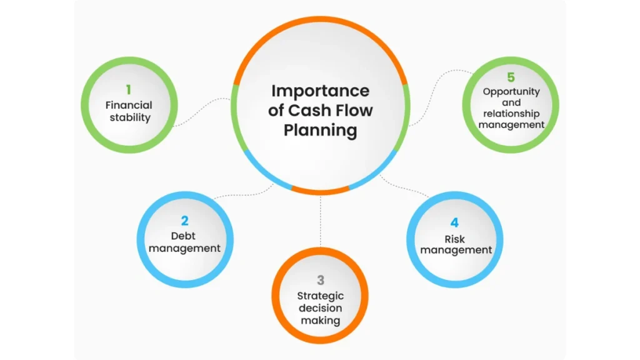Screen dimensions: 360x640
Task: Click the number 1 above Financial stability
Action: pyautogui.click(x=129, y=90)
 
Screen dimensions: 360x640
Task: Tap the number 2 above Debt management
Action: pyautogui.click(x=184, y=221)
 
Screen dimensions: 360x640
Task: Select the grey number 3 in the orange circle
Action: pyautogui.click(x=320, y=281)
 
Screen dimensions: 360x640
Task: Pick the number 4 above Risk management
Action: pyautogui.click(x=455, y=222)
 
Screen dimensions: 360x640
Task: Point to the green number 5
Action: pyautogui.click(x=511, y=77)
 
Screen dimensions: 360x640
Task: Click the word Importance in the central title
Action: pyautogui.click(x=320, y=91)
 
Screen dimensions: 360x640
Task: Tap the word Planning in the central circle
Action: pyautogui.click(x=320, y=131)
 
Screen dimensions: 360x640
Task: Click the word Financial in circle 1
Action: pyautogui.click(x=129, y=105)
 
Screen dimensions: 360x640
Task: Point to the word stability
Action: pyautogui.click(x=129, y=117)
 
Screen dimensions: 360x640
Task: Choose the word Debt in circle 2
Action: pyautogui.click(x=184, y=236)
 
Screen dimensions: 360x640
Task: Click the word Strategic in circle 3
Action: pyautogui.click(x=320, y=296)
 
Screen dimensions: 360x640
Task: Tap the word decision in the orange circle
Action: pyautogui.click(x=320, y=308)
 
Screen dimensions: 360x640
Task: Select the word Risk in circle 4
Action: pyautogui.click(x=455, y=238)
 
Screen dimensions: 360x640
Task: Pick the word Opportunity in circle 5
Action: pyautogui.click(x=511, y=91)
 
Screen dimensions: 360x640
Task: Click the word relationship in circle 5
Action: pyautogui.click(x=511, y=113)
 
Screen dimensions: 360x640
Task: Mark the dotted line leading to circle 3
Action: pyautogui.click(x=320, y=222)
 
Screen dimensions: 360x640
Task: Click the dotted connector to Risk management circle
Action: pyautogui.click(x=406, y=187)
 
